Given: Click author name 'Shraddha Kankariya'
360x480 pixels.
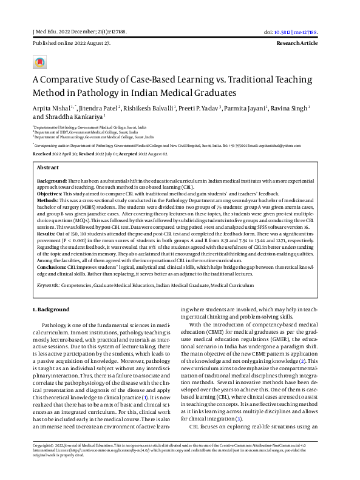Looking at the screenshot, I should click(75, 117).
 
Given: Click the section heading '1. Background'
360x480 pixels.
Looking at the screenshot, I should click(52, 309).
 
